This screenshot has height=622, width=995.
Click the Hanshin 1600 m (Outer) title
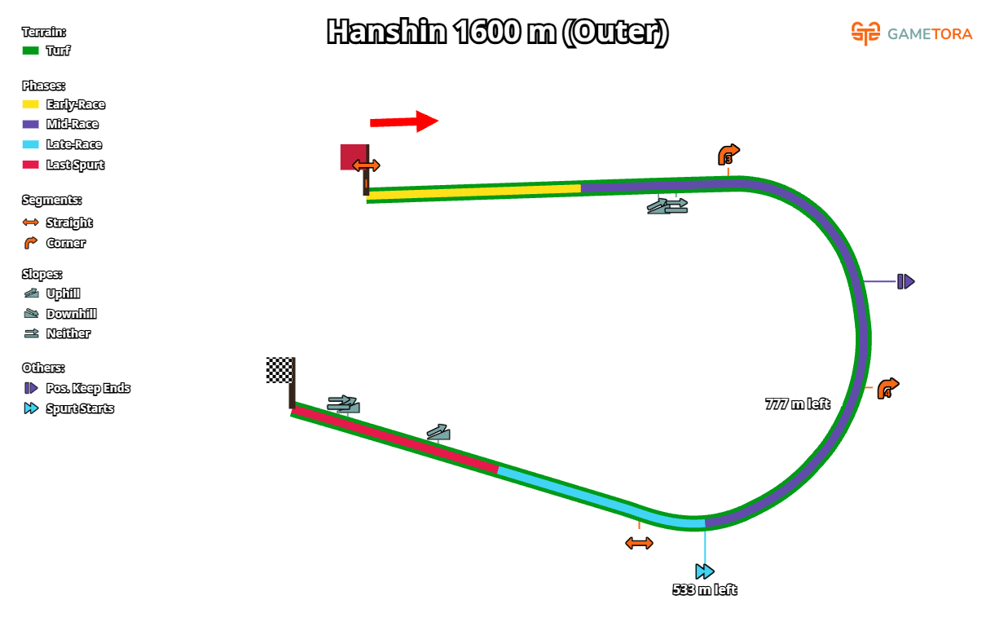[x=497, y=33]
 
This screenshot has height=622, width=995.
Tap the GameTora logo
[x=911, y=33]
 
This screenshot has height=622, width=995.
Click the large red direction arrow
[x=404, y=121]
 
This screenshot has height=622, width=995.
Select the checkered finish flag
[x=279, y=369]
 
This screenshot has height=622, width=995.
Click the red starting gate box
[x=353, y=156]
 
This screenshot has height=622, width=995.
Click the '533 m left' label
[x=704, y=589]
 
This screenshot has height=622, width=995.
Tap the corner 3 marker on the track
[x=729, y=155]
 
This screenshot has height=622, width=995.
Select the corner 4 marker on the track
[x=887, y=388]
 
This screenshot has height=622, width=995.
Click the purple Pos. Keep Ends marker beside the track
[x=905, y=281]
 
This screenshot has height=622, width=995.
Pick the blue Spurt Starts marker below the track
[x=705, y=571]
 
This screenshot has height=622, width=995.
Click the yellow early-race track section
[x=473, y=192]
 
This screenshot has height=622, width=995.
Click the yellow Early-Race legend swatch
[x=30, y=104]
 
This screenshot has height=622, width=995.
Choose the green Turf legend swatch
[x=30, y=51]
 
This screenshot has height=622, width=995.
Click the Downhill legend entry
[x=71, y=314]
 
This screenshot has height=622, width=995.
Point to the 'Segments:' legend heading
[x=52, y=200]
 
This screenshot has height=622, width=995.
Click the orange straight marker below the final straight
[x=639, y=543]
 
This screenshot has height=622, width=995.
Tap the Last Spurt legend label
[x=75, y=165]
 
